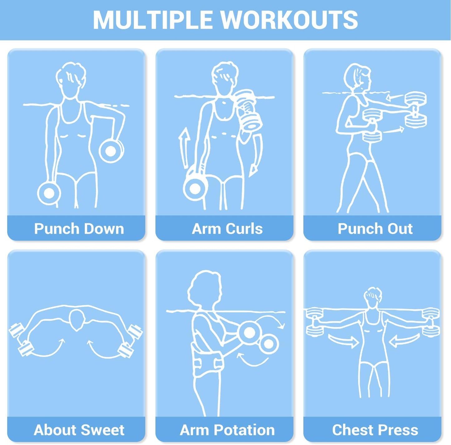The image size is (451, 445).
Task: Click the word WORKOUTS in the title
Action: click(x=289, y=20)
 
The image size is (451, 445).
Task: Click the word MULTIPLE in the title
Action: click(x=153, y=20)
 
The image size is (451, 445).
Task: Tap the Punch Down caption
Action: click(x=79, y=229)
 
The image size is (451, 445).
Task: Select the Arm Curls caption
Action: click(x=227, y=229)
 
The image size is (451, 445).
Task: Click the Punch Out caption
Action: click(x=375, y=229)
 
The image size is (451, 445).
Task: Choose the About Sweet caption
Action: click(x=79, y=430)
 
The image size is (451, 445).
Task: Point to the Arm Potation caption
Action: click(x=227, y=430)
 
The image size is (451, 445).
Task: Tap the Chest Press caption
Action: click(x=375, y=430)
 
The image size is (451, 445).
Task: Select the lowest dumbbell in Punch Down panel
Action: click(x=49, y=193)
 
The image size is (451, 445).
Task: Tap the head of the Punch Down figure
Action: click(x=71, y=80)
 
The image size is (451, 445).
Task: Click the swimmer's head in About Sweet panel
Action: click(x=77, y=320)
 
